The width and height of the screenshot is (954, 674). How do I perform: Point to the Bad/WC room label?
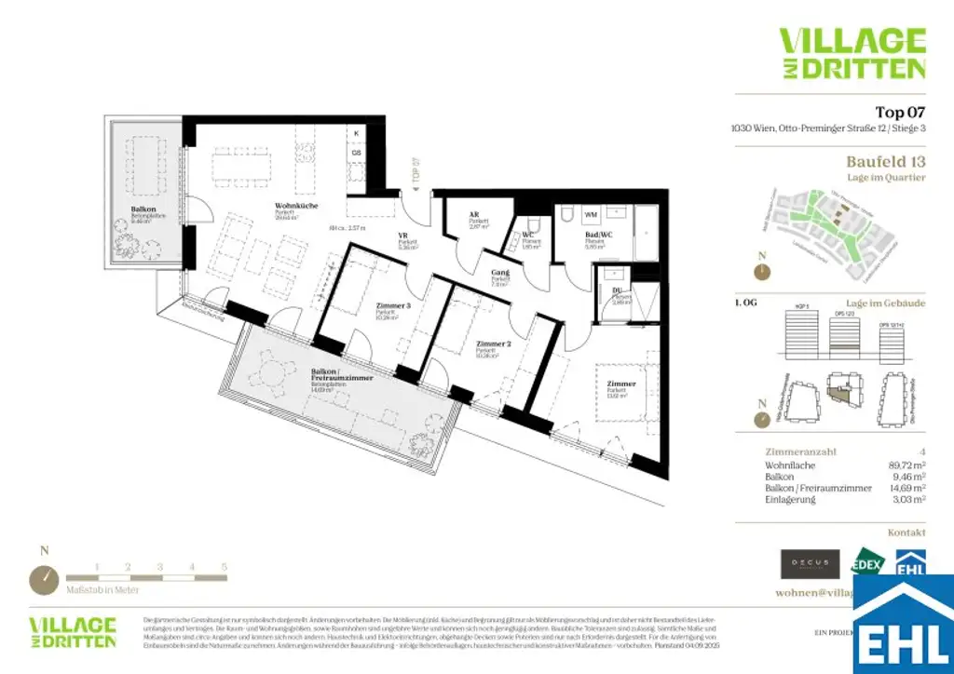pos(596,236)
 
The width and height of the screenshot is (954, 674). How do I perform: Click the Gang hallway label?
pos(500,273)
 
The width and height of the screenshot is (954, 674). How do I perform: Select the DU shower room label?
pos(616,290)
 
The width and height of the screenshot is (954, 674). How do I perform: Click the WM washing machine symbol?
pos(591,215)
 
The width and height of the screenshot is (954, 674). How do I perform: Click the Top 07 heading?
pos(900,113)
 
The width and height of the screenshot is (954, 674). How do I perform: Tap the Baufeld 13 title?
pos(885,161)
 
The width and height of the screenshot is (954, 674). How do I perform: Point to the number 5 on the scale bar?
pos(225,566)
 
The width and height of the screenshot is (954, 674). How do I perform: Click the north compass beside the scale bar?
pos(44,579)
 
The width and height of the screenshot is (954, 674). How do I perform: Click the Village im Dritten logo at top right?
pos(852,53)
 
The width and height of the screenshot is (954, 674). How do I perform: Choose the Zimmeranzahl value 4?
pos(922,452)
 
